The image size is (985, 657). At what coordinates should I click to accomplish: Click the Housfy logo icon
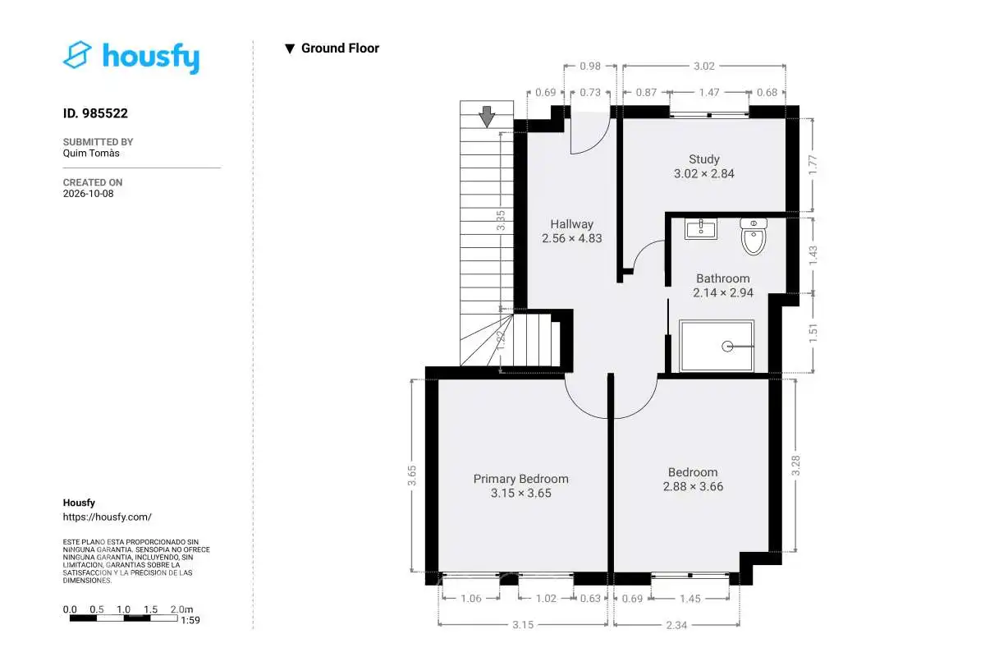(77, 55)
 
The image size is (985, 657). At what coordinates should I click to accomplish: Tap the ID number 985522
(105, 113)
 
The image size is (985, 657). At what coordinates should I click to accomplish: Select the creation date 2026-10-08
(88, 194)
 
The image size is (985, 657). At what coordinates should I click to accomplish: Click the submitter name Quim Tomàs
(91, 153)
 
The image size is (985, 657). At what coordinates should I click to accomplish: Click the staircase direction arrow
(487, 117)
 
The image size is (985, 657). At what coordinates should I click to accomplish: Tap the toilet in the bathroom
(754, 237)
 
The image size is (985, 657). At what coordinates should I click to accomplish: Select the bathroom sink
(701, 229)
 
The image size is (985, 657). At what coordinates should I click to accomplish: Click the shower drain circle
(727, 347)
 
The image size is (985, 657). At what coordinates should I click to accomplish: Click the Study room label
(704, 159)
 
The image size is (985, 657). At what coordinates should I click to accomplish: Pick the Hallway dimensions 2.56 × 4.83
(571, 238)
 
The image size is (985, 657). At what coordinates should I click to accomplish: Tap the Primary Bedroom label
(520, 479)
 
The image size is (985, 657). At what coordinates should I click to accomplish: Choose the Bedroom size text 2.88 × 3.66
(693, 487)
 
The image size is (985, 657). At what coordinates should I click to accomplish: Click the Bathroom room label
(723, 278)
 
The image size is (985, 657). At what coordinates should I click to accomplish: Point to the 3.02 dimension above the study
(704, 66)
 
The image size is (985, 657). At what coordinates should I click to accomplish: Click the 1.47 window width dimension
(709, 93)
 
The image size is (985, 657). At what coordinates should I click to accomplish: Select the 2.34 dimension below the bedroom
(676, 625)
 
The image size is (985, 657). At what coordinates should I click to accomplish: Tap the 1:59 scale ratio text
(190, 621)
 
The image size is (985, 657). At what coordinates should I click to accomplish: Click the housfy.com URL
(108, 517)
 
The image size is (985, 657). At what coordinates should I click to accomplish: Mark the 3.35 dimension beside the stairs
(501, 220)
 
